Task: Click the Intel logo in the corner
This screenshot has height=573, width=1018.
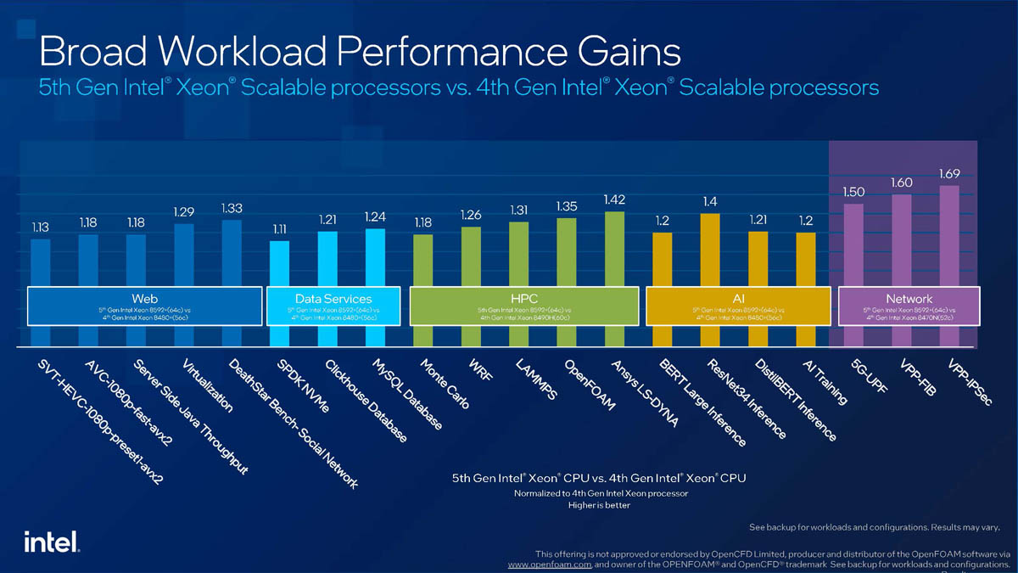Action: (52, 542)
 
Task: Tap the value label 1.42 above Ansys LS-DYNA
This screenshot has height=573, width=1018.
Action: (614, 199)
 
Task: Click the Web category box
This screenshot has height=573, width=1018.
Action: (144, 306)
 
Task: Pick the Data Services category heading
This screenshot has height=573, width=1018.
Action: (333, 299)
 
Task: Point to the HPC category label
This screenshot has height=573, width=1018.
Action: (524, 299)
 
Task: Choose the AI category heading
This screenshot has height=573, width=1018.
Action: (738, 299)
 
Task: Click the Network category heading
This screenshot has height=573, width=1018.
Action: (909, 299)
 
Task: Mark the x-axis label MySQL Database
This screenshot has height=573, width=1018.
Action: (407, 399)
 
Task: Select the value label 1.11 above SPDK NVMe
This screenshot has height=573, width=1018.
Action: (280, 229)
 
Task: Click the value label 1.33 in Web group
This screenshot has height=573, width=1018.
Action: (232, 208)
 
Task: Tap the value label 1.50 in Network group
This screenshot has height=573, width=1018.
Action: (853, 193)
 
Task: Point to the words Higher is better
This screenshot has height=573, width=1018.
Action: (599, 505)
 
